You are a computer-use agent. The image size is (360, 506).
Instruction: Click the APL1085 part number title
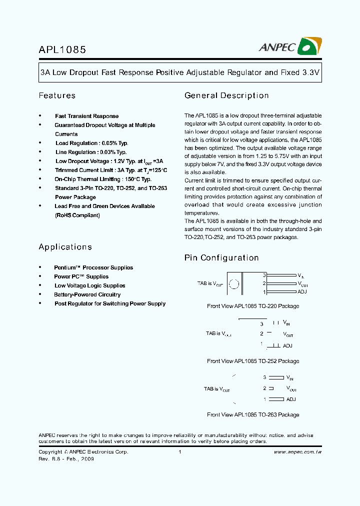click(x=62, y=49)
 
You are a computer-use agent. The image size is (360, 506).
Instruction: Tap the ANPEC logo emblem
click(x=309, y=46)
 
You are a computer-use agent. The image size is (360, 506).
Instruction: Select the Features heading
click(x=57, y=95)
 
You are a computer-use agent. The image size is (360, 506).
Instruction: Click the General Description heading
click(x=226, y=95)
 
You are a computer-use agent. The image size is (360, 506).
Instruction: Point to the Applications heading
click(x=65, y=247)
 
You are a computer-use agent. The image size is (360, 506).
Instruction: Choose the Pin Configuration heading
click(x=221, y=258)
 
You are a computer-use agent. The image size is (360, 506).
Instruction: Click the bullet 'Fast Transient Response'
click(x=86, y=116)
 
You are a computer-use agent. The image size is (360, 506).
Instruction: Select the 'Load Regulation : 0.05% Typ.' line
click(x=91, y=143)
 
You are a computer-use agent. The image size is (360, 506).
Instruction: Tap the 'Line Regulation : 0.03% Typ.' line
click(x=90, y=152)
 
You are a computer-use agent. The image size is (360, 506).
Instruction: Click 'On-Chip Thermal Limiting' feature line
click(x=103, y=179)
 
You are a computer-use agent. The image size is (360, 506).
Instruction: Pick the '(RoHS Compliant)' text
click(x=77, y=215)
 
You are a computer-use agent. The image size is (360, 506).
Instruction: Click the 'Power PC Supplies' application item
click(x=81, y=276)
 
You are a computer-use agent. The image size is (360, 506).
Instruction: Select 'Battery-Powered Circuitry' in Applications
click(x=87, y=294)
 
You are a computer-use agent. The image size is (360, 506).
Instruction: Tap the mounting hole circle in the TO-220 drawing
click(x=233, y=284)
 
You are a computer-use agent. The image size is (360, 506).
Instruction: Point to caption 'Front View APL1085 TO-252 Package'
click(x=253, y=361)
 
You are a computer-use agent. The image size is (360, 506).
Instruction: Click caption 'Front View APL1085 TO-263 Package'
click(x=253, y=414)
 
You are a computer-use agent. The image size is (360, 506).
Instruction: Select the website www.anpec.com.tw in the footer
click(x=297, y=452)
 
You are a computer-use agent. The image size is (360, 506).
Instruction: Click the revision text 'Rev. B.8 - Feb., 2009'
click(x=66, y=459)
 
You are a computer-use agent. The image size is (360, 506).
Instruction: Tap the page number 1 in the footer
click(x=179, y=452)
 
